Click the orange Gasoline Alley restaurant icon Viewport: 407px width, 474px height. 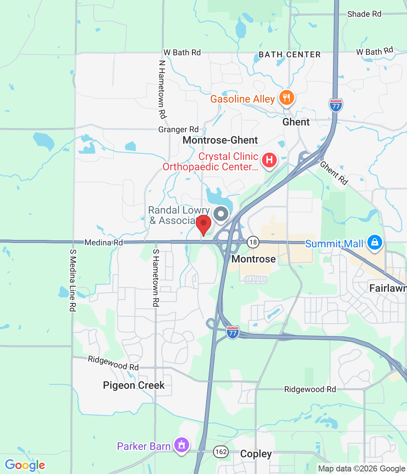(286, 98)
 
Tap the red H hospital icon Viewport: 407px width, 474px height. (269, 160)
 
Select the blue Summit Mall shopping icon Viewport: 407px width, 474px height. (374, 243)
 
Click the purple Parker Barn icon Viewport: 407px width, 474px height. (181, 445)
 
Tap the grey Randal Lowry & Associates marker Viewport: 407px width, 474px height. (221, 214)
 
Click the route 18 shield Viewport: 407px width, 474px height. (253, 243)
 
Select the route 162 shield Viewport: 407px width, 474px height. (221, 452)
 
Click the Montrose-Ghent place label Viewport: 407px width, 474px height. (220, 140)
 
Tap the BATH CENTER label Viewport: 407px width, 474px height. (290, 55)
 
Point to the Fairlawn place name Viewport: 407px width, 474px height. (387, 288)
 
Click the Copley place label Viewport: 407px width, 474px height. (256, 454)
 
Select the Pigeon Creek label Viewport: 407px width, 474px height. (134, 385)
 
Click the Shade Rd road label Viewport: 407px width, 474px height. (364, 14)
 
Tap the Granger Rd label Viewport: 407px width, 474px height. (178, 130)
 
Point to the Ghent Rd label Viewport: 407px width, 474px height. (334, 173)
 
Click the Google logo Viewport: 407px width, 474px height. (25, 465)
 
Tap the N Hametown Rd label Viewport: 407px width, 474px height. (162, 89)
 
